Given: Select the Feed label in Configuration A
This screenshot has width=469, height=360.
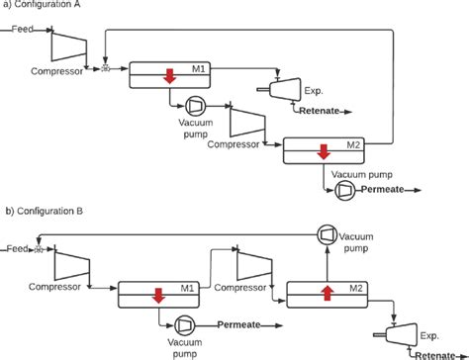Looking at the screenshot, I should (23, 31).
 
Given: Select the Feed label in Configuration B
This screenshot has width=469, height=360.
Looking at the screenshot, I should (16, 248).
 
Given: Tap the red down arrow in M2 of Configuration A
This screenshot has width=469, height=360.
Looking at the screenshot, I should (323, 152).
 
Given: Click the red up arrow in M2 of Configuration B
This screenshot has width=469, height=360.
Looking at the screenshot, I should (326, 292).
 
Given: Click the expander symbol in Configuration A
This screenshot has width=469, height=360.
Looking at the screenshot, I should (286, 91).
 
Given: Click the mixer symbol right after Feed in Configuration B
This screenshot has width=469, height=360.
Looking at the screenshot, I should (39, 250).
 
